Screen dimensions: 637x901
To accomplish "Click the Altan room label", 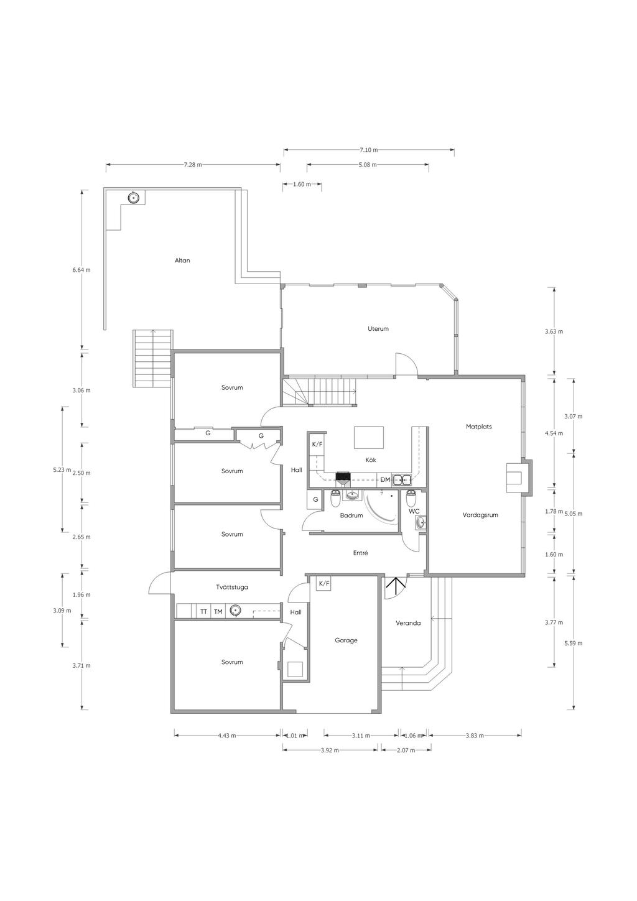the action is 182,261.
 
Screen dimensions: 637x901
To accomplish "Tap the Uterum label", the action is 378,328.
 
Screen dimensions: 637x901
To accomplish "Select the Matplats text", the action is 479,427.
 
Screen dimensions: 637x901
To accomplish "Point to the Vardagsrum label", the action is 480,515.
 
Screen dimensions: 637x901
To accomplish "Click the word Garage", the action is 346,640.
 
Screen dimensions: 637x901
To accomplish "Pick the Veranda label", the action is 408,623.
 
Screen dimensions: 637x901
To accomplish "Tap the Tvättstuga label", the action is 232,587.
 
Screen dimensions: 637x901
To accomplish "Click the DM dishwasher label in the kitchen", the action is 385,479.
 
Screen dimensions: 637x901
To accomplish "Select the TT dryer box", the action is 203,612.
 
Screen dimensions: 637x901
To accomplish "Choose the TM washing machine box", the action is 218,612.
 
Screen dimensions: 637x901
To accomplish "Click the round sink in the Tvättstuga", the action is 235,611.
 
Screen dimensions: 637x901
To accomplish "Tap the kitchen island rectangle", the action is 369,438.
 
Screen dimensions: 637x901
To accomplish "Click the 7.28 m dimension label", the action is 193,165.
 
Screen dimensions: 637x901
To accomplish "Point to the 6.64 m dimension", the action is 81,270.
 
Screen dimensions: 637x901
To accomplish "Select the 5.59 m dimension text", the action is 574,643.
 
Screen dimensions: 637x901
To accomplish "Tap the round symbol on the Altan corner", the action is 134,198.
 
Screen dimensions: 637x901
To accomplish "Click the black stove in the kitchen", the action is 343,478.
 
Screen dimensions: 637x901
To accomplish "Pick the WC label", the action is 414,511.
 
